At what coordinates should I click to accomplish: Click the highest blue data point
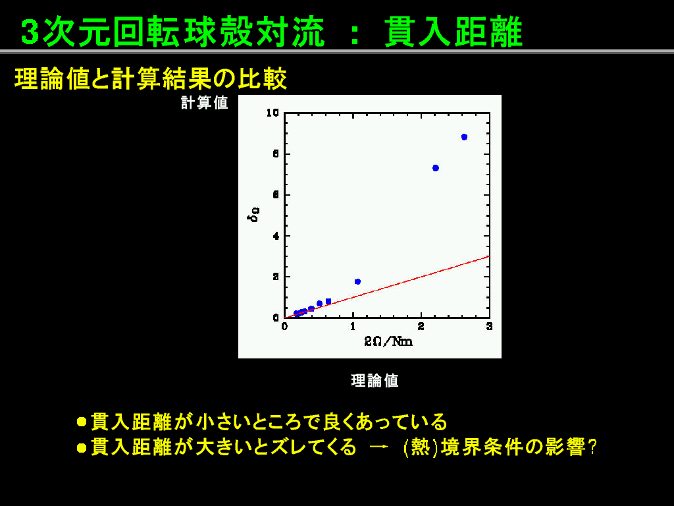tap(464, 137)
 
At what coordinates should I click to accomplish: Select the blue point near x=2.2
tap(436, 168)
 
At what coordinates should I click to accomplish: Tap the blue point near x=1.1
tap(357, 282)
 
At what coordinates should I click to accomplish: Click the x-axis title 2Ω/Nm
tap(388, 342)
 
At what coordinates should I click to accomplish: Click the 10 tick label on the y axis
tap(272, 113)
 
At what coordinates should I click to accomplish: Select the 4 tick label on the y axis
tap(276, 237)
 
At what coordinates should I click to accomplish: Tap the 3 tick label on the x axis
tap(489, 327)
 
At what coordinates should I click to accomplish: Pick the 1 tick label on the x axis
tap(353, 327)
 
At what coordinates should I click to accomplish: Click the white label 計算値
tap(204, 103)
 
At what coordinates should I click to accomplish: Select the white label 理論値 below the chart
tap(375, 381)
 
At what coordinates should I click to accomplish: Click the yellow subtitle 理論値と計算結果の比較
tap(151, 79)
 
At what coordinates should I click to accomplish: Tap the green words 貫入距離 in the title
tap(454, 32)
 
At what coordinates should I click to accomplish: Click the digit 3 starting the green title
tap(30, 32)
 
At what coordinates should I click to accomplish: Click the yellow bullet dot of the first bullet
tap(82, 422)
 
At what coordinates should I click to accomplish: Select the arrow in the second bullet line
tap(379, 447)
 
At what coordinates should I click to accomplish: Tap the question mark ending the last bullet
tap(592, 447)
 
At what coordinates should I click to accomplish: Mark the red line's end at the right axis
tap(489, 256)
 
